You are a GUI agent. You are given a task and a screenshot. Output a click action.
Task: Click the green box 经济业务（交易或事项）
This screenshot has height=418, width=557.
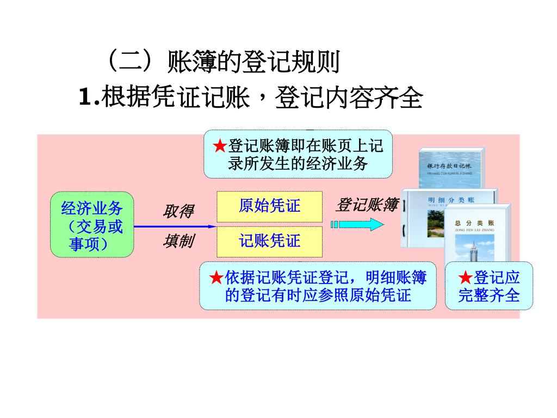(x=92, y=224)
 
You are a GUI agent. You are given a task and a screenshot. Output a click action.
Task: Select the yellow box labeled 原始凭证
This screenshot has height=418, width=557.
(x=269, y=206)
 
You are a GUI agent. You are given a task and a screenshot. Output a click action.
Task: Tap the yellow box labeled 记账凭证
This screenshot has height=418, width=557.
(x=269, y=241)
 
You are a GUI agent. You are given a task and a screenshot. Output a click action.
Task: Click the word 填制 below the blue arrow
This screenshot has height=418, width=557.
(x=178, y=241)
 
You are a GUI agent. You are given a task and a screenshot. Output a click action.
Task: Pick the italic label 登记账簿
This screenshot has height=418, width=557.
(x=367, y=205)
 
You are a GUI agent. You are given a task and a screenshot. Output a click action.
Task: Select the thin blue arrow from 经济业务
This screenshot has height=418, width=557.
(x=175, y=226)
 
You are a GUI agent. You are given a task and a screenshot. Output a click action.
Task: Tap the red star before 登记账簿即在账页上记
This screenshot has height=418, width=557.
(x=219, y=146)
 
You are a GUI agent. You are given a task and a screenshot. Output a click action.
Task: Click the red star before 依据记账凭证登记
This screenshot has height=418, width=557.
(x=216, y=278)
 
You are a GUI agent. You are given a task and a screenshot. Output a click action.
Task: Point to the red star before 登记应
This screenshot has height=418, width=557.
(x=465, y=278)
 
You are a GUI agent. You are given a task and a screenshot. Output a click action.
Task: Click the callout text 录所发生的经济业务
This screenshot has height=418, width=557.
(x=298, y=163)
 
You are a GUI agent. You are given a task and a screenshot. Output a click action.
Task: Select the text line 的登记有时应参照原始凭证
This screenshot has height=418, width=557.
(x=318, y=296)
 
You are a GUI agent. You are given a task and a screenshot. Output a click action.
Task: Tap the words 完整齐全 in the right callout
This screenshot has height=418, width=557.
(x=488, y=296)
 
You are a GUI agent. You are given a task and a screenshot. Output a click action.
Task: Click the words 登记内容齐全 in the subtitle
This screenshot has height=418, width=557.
(x=349, y=98)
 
